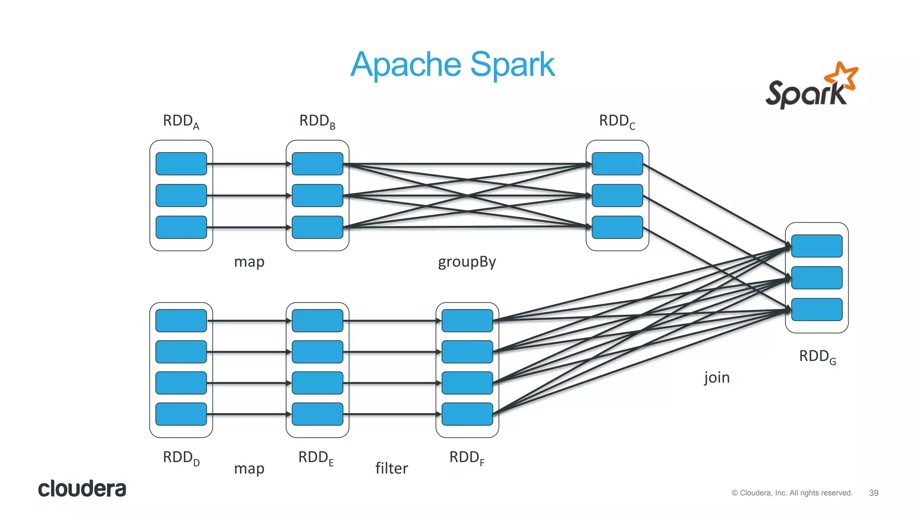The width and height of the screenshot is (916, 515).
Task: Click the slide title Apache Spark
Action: [x=452, y=65]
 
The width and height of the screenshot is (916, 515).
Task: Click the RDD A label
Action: [x=181, y=121]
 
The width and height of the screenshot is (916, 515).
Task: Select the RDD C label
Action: [x=617, y=121]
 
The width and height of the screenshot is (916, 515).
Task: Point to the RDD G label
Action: [x=817, y=357]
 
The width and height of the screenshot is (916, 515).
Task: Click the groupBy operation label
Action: [x=466, y=262]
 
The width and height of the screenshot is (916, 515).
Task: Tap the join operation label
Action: [x=717, y=378]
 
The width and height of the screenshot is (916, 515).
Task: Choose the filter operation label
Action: [x=391, y=468]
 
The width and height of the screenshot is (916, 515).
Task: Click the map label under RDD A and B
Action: [x=249, y=262]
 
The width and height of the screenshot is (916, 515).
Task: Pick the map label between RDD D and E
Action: [x=249, y=469]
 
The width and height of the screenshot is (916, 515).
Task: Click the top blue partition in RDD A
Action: [x=181, y=164]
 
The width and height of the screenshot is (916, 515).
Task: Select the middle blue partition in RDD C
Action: [x=617, y=195]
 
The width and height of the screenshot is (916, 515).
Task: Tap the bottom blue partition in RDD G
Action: [x=817, y=309]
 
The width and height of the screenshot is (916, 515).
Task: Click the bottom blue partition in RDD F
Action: [x=467, y=414]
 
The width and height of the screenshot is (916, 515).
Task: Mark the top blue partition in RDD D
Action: [x=181, y=321]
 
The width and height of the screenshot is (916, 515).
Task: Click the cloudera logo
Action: [x=82, y=489]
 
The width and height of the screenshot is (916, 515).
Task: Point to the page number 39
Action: [x=874, y=493]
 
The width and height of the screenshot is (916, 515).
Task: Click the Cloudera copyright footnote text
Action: [x=792, y=493]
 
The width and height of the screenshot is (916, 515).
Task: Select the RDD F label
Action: [x=466, y=458]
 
